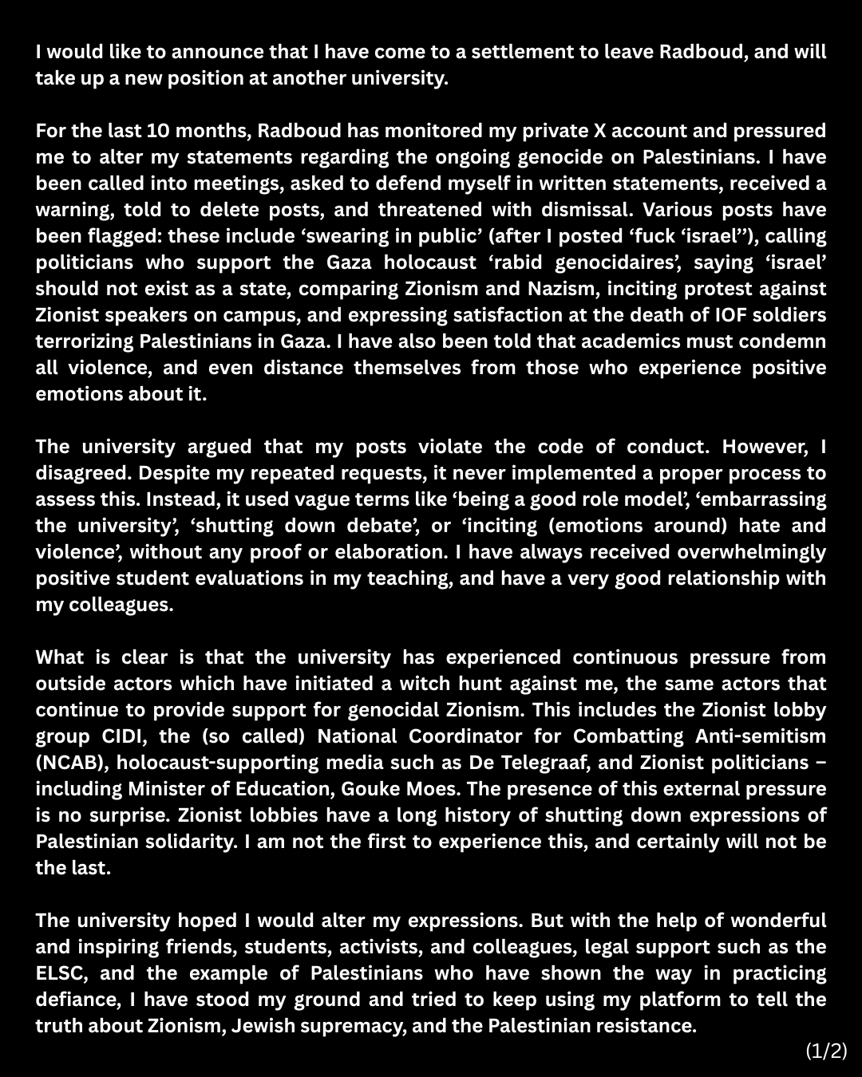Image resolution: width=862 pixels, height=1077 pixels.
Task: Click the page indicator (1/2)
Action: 826,1051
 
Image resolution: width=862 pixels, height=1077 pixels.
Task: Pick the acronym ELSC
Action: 61,973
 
